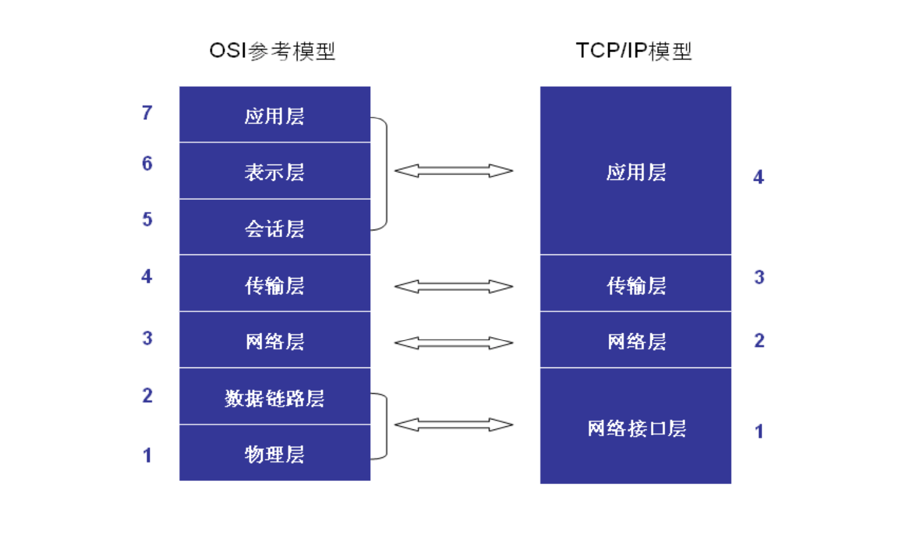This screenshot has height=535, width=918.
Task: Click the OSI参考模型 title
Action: [273, 52]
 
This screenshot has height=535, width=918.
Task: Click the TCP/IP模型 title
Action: [634, 52]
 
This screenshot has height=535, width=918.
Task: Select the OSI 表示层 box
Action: [275, 171]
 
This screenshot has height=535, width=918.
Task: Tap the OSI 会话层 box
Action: [275, 227]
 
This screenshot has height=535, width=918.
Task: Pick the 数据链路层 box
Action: [275, 397]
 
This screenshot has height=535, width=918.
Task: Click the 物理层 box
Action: [275, 452]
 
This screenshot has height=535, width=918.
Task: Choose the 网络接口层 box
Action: [635, 426]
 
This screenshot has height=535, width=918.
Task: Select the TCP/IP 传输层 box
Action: [635, 284]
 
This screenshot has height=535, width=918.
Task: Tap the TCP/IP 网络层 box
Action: [635, 340]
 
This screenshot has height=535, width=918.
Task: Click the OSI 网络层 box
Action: [275, 340]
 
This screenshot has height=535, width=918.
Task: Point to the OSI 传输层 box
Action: [275, 284]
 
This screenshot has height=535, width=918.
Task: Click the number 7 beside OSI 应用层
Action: [147, 113]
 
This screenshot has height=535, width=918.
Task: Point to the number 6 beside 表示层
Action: [147, 163]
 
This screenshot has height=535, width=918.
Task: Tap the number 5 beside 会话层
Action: [147, 219]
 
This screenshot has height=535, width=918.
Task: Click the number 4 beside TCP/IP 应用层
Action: [758, 177]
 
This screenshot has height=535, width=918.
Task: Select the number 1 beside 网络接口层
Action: [759, 431]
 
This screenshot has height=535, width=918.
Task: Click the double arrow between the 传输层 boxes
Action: [453, 286]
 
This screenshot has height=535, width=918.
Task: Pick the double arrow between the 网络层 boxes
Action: [453, 343]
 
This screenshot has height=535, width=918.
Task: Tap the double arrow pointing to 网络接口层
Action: [453, 425]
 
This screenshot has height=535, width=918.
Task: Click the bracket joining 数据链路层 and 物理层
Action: [387, 426]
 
